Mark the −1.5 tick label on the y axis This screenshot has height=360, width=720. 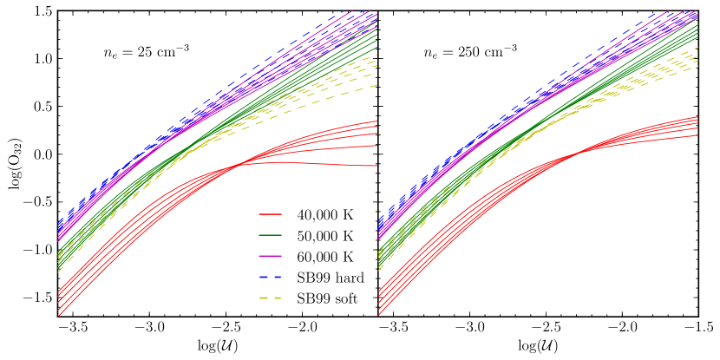click(37, 298)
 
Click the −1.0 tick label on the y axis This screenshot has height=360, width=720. click(37, 250)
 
